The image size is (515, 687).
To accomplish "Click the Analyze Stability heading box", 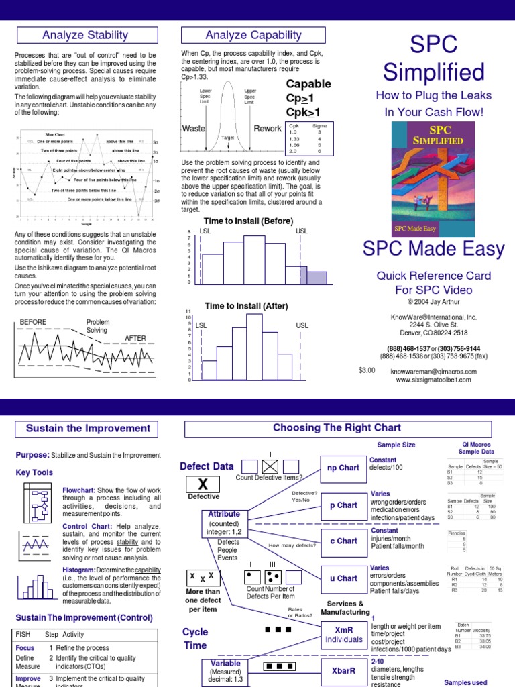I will [x=85, y=35].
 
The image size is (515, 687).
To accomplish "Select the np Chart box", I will [x=343, y=468].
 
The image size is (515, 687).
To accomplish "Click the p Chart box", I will [x=343, y=505].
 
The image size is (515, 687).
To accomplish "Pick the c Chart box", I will [x=343, y=541].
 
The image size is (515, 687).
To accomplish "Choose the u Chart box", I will [x=343, y=578].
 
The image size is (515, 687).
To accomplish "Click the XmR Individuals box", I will [x=343, y=635].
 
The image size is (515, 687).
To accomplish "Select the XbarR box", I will [x=343, y=670].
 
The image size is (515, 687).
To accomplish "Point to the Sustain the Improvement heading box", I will [x=88, y=429].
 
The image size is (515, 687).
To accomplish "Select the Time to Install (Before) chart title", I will [x=248, y=221].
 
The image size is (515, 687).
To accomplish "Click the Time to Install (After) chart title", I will [x=246, y=306].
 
